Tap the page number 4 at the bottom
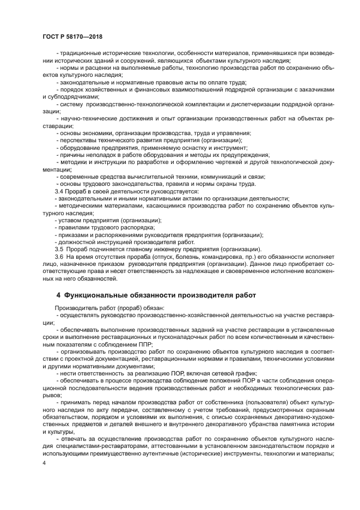44,463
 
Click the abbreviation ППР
144,344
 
